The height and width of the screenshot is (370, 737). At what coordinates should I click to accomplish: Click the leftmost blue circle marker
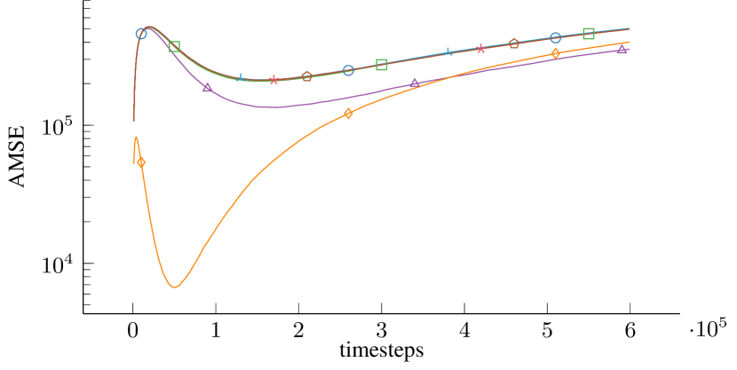[141, 34]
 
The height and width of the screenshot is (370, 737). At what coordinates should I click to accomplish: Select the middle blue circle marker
[348, 70]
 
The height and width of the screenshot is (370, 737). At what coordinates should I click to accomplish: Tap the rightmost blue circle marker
[555, 37]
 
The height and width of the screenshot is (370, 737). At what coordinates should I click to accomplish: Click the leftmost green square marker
[175, 46]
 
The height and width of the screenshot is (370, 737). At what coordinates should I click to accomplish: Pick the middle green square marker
[382, 65]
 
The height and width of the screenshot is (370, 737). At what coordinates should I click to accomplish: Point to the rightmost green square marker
[588, 34]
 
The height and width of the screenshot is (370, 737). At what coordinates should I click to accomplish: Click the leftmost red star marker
[273, 80]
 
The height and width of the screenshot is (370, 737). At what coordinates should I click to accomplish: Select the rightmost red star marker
[480, 49]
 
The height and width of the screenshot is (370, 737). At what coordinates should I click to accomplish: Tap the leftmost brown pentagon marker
[306, 76]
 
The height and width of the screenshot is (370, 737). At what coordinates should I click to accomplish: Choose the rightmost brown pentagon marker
[513, 43]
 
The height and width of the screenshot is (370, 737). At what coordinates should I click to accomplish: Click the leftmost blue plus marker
[241, 78]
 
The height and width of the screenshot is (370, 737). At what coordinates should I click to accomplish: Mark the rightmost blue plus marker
[448, 52]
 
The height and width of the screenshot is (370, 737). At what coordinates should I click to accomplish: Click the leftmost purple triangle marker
[207, 87]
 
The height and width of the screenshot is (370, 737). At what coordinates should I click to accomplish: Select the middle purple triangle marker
[414, 83]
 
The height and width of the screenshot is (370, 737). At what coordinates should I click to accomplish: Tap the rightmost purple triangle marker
[622, 50]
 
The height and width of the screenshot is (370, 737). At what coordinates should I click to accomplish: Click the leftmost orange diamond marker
[141, 162]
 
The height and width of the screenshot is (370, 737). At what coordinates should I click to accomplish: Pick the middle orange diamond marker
[348, 113]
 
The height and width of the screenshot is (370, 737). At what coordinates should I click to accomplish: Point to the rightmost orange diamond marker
[555, 53]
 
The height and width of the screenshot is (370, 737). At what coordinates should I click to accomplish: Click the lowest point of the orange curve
[175, 287]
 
